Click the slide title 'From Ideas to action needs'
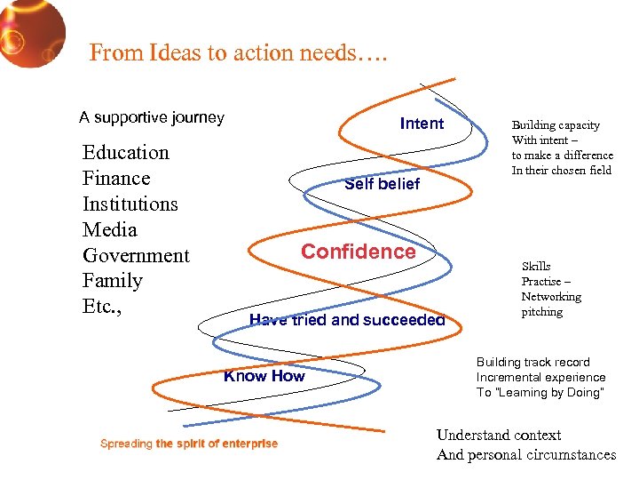tap(239, 53)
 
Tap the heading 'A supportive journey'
tap(152, 117)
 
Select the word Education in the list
tap(125, 152)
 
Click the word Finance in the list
tap(116, 178)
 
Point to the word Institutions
tap(130, 204)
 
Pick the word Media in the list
tap(110, 229)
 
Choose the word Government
tap(136, 255)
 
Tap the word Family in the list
tap(112, 281)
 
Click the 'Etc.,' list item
tap(102, 307)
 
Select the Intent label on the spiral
tap(422, 124)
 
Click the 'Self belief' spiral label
tap(382, 184)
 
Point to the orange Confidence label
tap(358, 252)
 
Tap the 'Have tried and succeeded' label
tap(347, 320)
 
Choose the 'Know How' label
tap(264, 376)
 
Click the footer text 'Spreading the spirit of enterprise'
tap(189, 444)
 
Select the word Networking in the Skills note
tap(551, 297)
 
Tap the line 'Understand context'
tap(499, 435)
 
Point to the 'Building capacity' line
tap(556, 125)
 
